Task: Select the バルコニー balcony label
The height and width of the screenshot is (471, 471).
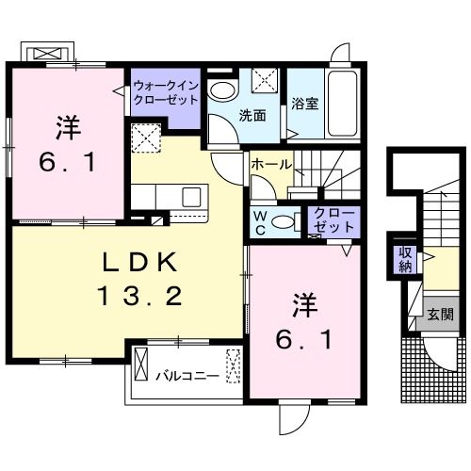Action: [x=187, y=376]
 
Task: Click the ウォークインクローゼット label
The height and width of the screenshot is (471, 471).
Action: [x=165, y=91]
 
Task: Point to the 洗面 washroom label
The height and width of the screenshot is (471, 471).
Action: [x=252, y=117]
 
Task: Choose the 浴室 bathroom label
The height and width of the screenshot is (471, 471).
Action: [x=304, y=105]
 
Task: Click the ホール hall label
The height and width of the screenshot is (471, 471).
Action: [x=269, y=164]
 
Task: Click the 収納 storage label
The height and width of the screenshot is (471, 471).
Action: [x=405, y=258]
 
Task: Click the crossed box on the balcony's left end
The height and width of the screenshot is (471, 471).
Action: [x=142, y=364]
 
